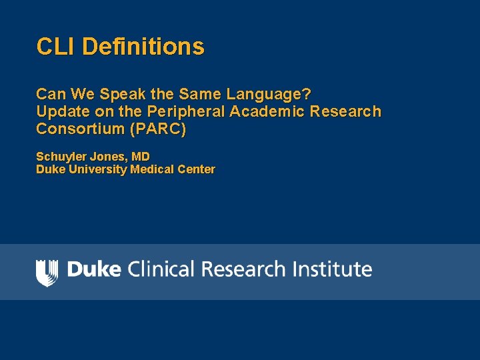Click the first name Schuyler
point(58,157)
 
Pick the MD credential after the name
point(141,157)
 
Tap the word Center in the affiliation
point(197,169)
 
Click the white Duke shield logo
point(47,272)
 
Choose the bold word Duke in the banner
point(94,269)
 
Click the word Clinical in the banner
point(160,269)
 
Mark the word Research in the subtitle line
point(345,111)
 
